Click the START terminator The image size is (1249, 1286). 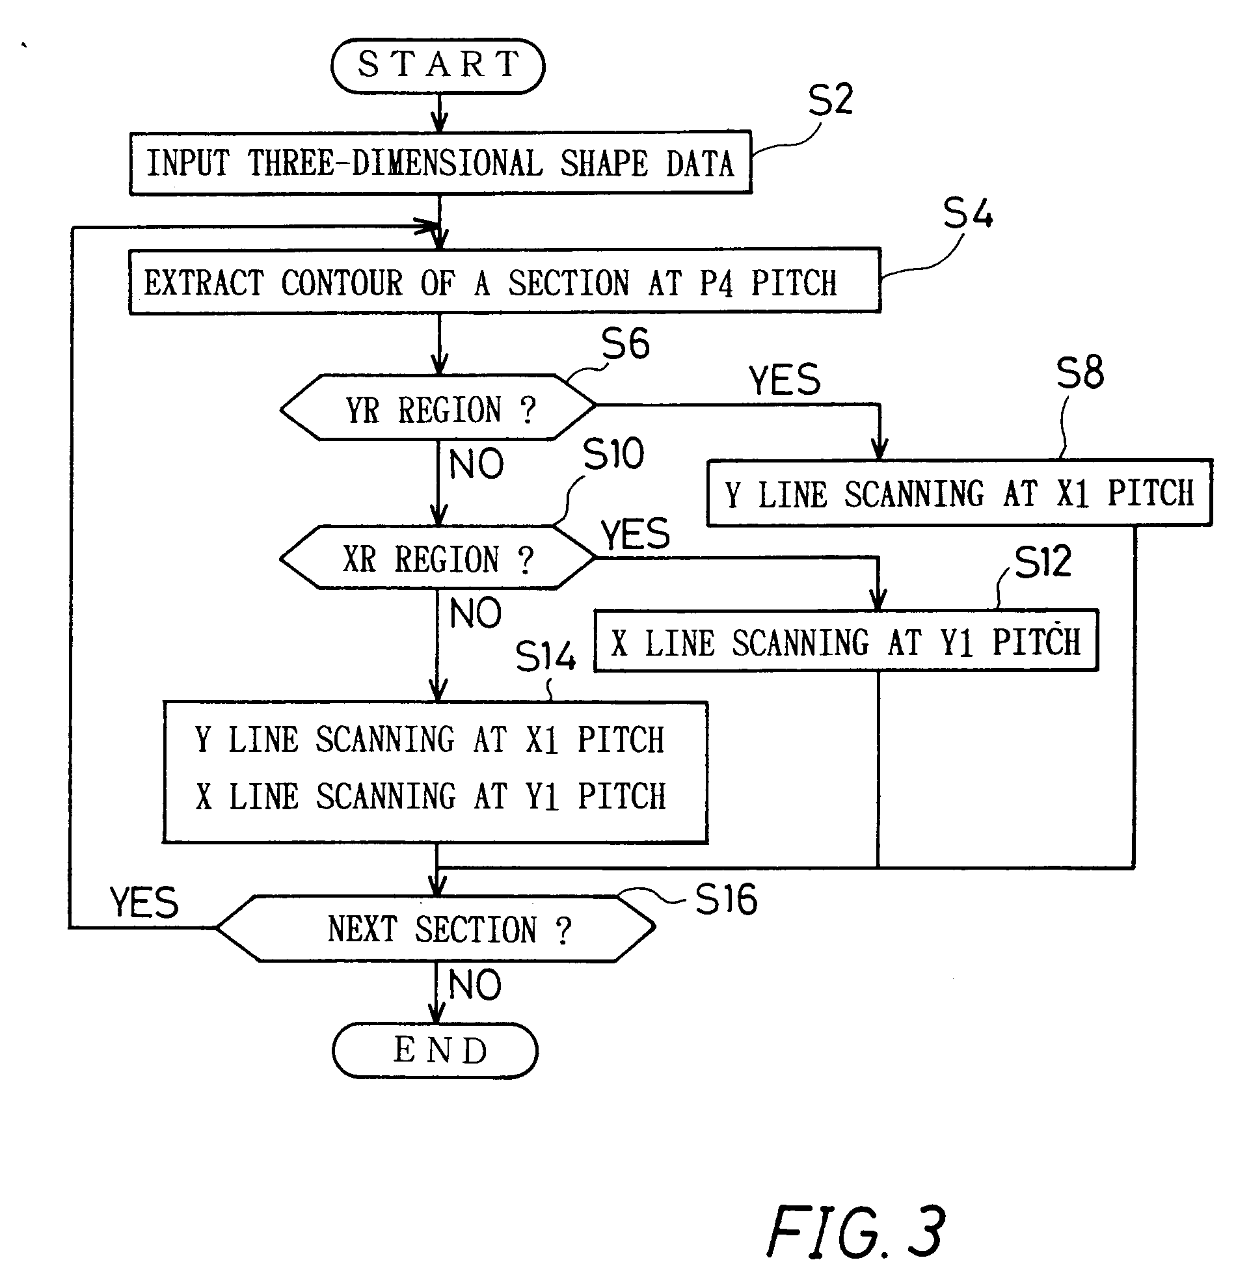pyautogui.click(x=438, y=66)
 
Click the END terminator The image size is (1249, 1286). pyautogui.click(x=435, y=1051)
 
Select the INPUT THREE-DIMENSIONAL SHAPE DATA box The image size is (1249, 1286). pyautogui.click(x=440, y=163)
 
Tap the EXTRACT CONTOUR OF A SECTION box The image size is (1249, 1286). pyautogui.click(x=504, y=282)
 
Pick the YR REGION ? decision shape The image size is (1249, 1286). pyautogui.click(x=438, y=408)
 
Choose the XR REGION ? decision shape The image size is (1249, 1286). pyautogui.click(x=438, y=558)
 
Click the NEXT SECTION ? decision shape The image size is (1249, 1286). pyautogui.click(x=436, y=929)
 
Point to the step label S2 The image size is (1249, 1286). pyautogui.click(x=830, y=100)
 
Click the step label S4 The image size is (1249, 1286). pyautogui.click(x=967, y=213)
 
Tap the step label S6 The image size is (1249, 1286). pyautogui.click(x=625, y=343)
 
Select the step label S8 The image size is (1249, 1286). pyautogui.click(x=1080, y=373)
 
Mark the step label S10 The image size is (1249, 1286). pyautogui.click(x=613, y=453)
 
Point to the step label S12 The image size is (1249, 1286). pyautogui.click(x=1042, y=561)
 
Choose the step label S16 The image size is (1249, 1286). pyautogui.click(x=726, y=899)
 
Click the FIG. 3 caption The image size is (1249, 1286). pyautogui.click(x=856, y=1232)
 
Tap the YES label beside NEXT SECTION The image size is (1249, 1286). pyautogui.click(x=144, y=902)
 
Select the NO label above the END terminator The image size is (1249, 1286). pyautogui.click(x=474, y=985)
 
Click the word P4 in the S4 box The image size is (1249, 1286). pyautogui.click(x=716, y=284)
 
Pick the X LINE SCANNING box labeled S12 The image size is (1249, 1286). pyautogui.click(x=846, y=641)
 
